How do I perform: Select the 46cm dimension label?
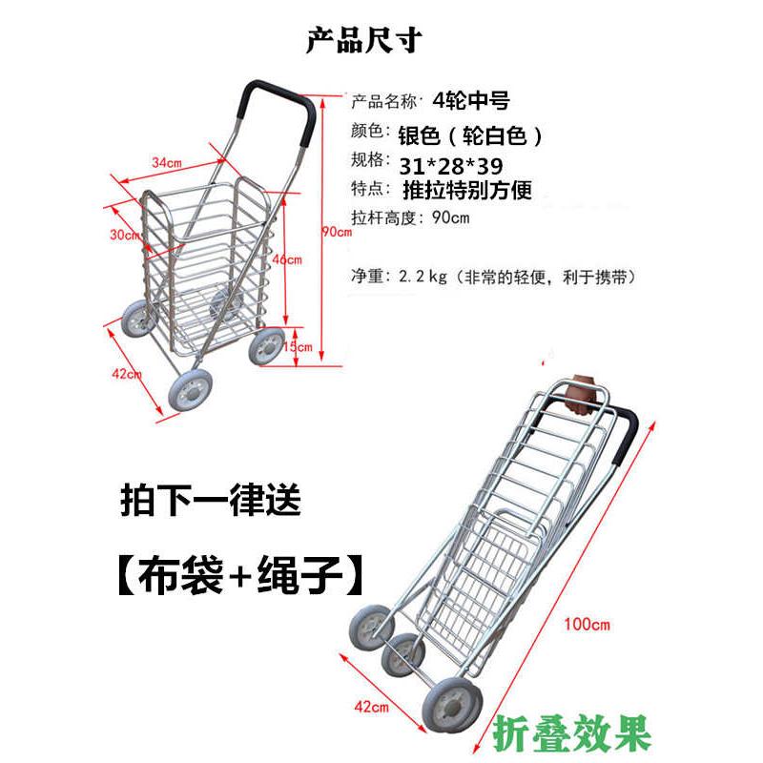287,259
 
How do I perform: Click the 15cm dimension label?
299,347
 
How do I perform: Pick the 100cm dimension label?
587,625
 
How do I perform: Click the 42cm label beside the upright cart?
127,374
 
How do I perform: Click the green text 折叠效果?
573,734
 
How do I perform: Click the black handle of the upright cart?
277,96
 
